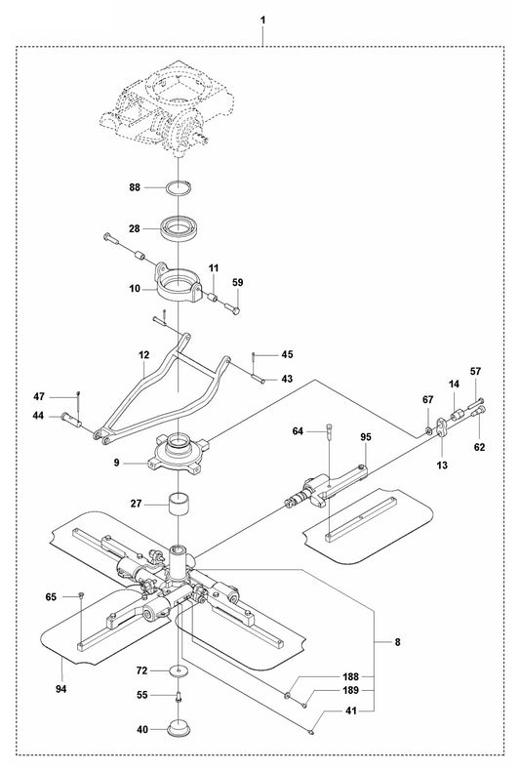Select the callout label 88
coord(136,185)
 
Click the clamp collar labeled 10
coord(181,287)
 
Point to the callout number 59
coord(237,283)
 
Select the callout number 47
coord(66,396)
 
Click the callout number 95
coord(366,436)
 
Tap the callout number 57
coord(476,372)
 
